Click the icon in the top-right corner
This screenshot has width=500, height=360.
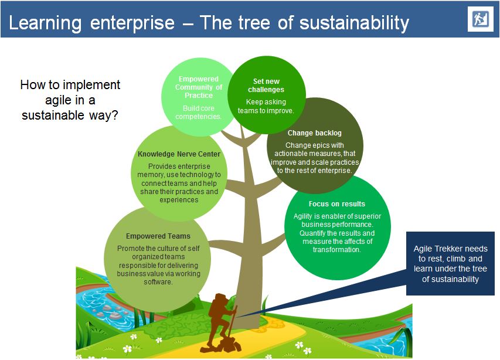480,19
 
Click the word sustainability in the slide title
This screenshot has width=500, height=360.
355,23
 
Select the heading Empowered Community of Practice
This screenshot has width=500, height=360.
198,87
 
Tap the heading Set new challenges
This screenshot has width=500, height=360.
266,86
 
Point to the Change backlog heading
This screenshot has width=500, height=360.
314,133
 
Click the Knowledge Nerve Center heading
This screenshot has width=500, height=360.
179,154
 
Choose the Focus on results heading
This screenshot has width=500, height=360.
336,204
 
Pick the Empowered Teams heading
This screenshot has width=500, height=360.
158,236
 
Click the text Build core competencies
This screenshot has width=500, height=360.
198,112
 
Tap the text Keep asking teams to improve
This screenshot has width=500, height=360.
266,106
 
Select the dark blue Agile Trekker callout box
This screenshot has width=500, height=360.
450,264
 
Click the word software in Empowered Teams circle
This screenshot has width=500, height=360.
158,282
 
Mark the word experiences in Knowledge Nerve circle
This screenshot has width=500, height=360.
179,200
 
